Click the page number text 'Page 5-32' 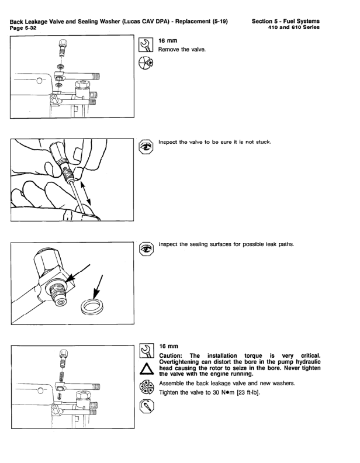[x=23, y=27]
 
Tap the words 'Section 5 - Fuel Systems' [x=286, y=21]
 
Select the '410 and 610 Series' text [x=293, y=27]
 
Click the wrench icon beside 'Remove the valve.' [x=146, y=44]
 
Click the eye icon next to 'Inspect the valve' [x=146, y=147]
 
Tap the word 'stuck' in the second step [x=263, y=142]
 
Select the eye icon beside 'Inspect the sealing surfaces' [x=146, y=249]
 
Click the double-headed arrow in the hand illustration [x=86, y=194]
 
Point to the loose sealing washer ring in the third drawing [x=92, y=307]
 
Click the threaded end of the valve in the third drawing [x=59, y=295]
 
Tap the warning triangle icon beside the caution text [x=147, y=369]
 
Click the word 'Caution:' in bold [x=171, y=356]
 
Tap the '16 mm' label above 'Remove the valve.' [x=168, y=41]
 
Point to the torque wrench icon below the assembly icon [x=147, y=406]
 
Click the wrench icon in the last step [x=147, y=350]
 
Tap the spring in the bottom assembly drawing [x=62, y=376]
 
